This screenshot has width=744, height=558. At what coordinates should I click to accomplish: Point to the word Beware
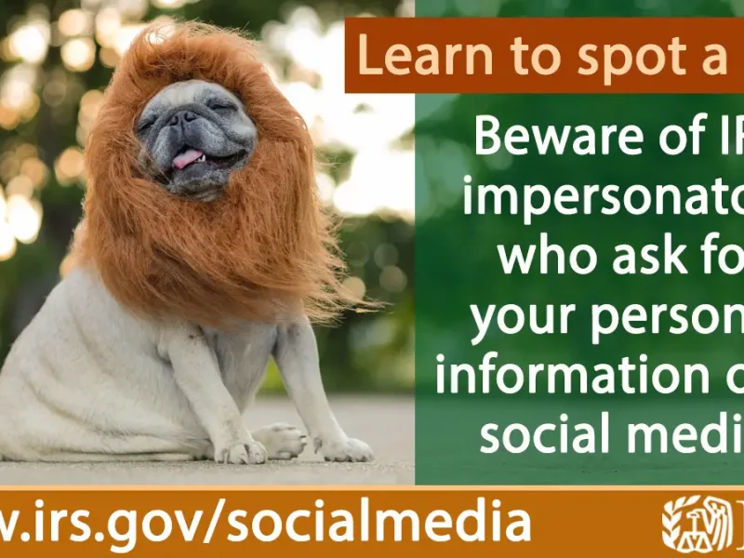pyautogui.click(x=557, y=139)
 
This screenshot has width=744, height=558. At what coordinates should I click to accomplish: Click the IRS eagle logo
pyautogui.click(x=693, y=524)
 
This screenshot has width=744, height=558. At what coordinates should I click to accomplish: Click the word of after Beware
pyautogui.click(x=685, y=139)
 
